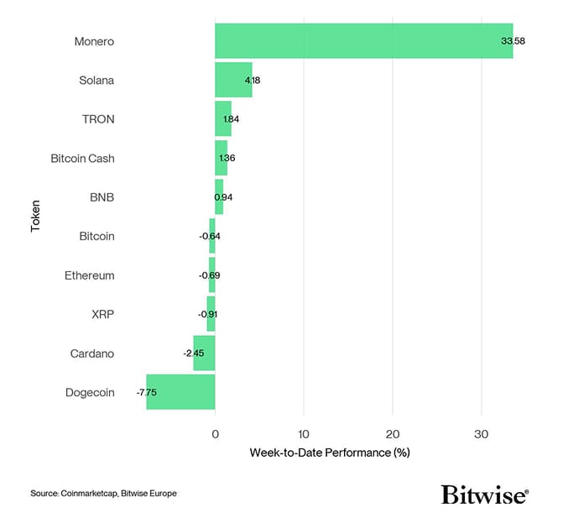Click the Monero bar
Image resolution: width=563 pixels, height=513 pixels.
coord(363,41)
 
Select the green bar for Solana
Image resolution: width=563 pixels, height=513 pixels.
coord(233,80)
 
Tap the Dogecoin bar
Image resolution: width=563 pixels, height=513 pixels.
coord(180,392)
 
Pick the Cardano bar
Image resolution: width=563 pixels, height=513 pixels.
coord(204,353)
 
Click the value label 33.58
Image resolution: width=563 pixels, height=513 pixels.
coord(513,41)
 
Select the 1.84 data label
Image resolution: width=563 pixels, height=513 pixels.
coord(231,119)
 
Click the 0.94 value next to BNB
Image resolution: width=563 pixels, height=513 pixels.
coord(223,197)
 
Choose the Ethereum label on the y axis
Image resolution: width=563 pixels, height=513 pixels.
coord(90,275)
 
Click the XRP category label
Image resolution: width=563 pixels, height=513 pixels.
coord(102,314)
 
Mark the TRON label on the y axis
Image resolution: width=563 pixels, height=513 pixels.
coord(99,119)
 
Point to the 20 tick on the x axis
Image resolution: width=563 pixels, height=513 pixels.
coord(392,433)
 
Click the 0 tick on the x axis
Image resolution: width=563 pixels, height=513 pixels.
coord(215,433)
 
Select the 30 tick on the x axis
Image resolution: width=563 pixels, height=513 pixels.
coord(481,433)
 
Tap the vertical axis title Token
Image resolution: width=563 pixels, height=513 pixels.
coord(36,216)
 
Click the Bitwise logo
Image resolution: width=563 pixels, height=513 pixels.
coord(485,493)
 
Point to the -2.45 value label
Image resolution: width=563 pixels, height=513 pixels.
coord(193,353)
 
